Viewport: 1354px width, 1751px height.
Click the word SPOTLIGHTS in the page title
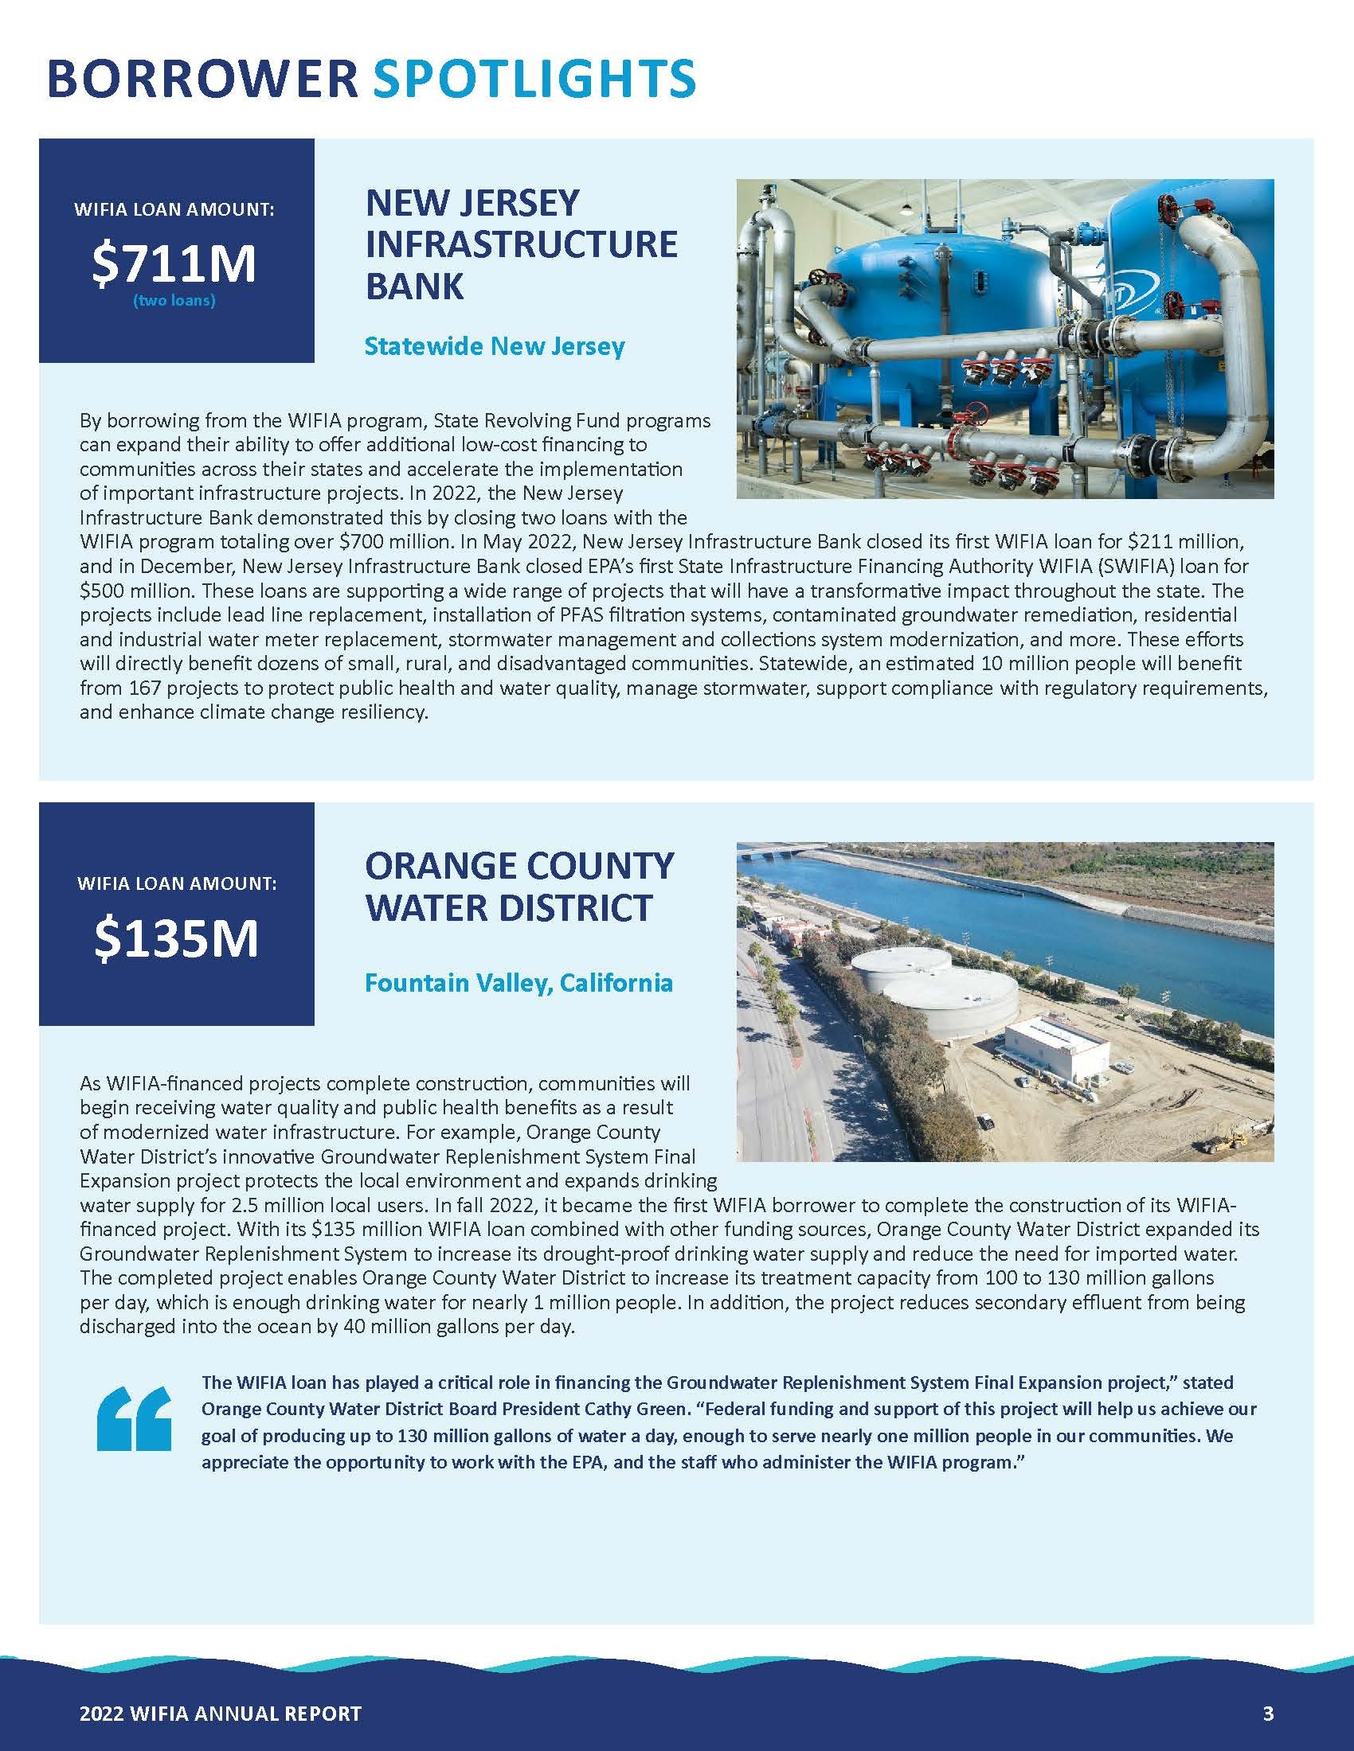click(534, 80)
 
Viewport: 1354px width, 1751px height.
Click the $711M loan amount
click(174, 264)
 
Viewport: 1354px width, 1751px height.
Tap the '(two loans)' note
click(174, 302)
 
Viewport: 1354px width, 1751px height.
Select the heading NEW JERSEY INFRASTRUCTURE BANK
click(522, 244)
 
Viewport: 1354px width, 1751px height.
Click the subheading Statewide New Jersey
click(494, 346)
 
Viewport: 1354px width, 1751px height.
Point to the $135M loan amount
click(177, 939)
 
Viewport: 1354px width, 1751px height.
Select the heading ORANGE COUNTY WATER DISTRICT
click(520, 887)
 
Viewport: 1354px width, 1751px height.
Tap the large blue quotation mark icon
click(134, 1418)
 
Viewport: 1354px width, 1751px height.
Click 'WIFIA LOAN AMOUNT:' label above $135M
click(177, 883)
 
